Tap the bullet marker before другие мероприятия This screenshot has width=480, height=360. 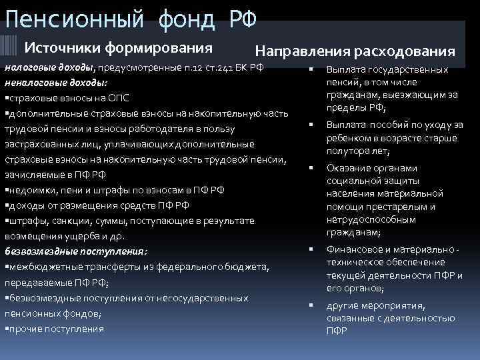[311, 306]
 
